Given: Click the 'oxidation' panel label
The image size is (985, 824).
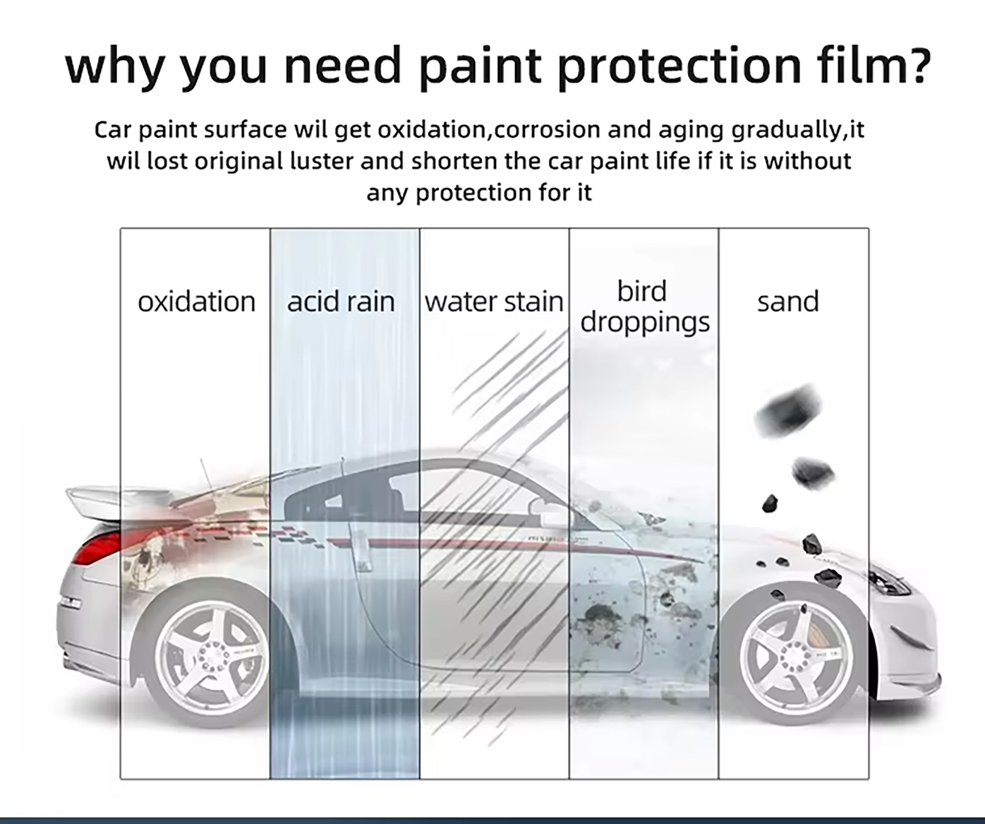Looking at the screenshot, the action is click(x=196, y=301).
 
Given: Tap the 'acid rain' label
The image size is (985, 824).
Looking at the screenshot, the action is click(x=341, y=301).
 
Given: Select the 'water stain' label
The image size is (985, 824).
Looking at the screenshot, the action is click(x=494, y=301).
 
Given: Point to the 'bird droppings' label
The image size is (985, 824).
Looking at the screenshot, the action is click(x=644, y=306).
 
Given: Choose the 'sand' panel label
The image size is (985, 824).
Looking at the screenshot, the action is click(x=788, y=301).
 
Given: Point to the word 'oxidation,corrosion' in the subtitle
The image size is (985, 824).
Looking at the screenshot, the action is click(x=489, y=130).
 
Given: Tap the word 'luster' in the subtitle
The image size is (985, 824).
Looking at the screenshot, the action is click(x=321, y=161).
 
